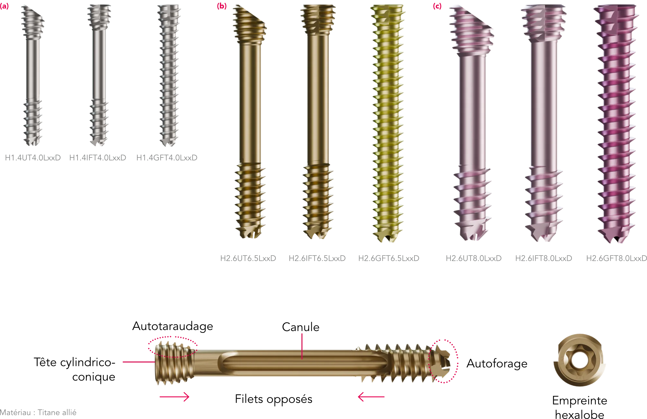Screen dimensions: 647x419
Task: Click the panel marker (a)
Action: (5, 6)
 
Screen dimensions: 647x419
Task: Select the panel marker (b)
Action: (222, 6)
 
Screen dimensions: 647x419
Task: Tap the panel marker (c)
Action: (437, 6)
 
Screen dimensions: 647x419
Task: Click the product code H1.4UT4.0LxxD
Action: (33, 158)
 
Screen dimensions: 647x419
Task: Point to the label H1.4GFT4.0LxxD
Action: (167, 158)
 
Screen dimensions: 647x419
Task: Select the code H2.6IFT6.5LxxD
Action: (317, 258)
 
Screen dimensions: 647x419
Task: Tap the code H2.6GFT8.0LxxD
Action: (616, 258)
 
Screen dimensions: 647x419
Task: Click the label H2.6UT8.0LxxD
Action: (474, 258)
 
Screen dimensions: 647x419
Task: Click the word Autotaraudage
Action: (173, 326)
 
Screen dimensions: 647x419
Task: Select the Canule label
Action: (301, 327)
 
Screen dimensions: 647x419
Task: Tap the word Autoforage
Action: (497, 364)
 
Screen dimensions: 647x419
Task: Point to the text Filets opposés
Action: (274, 399)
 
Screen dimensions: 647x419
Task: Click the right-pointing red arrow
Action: (175, 397)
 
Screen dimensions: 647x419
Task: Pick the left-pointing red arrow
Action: (371, 397)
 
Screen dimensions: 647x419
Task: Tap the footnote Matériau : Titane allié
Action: (38, 413)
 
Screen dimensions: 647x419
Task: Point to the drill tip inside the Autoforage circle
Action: (441, 363)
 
